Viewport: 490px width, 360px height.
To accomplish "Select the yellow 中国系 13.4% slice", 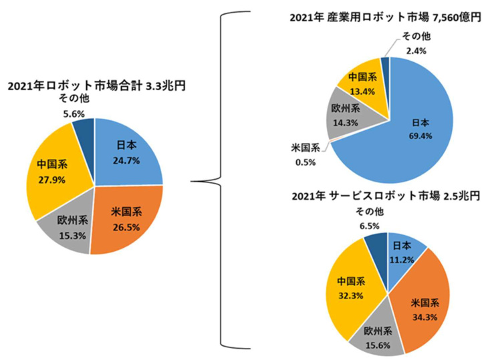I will coord(361,81).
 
